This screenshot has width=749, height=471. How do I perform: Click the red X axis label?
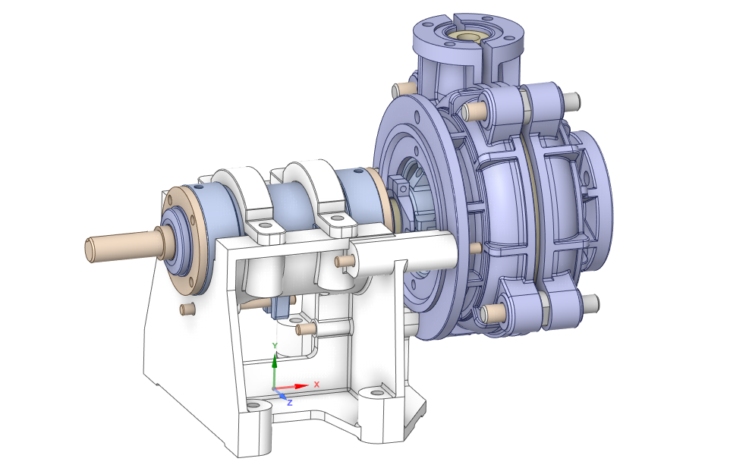click(x=316, y=384)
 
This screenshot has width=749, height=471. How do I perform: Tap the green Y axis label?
click(x=275, y=346)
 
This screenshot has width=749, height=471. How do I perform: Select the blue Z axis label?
click(x=289, y=403)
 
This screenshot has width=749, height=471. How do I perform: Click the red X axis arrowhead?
click(x=302, y=385)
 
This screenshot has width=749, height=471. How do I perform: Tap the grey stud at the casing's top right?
click(x=571, y=99)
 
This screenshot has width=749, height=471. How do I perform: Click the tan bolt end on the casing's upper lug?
click(x=472, y=111)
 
